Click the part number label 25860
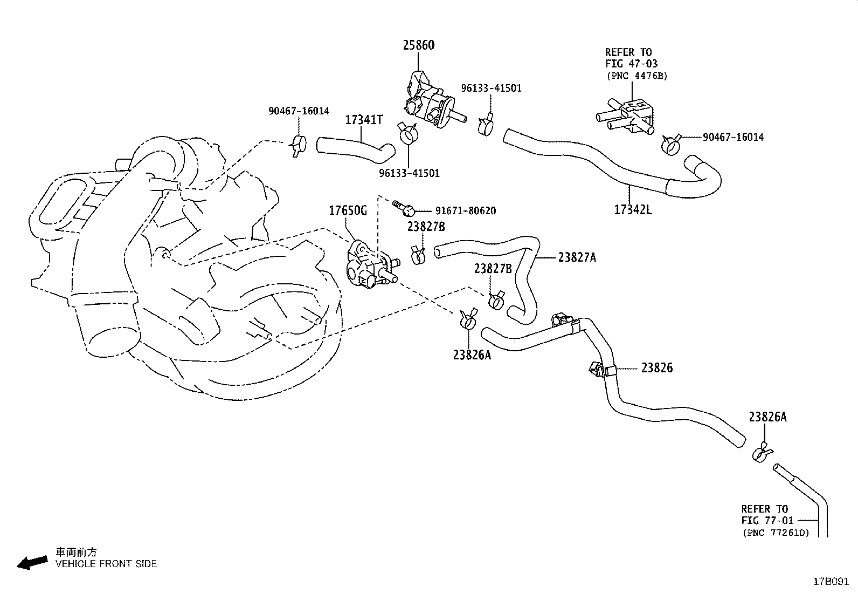tap(418, 45)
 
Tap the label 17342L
tap(633, 209)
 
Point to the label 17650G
tap(348, 211)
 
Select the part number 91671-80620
tap(465, 211)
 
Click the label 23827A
tap(577, 257)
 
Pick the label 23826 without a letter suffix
tap(656, 368)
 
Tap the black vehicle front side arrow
tap(32, 563)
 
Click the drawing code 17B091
tap(831, 582)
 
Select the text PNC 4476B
tap(636, 76)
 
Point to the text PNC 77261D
tap(776, 533)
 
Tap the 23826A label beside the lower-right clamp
tap(767, 417)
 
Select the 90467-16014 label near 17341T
tap(299, 111)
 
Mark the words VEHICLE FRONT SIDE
tap(106, 564)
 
